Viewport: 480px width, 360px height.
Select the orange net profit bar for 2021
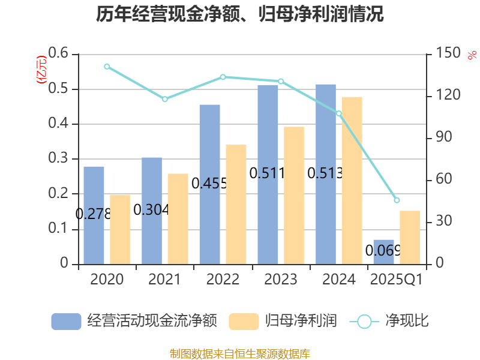(178, 218)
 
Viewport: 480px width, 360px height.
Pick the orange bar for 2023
(294, 195)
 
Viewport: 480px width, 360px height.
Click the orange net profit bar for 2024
(352, 180)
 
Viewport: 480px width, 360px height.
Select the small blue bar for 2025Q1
(383, 251)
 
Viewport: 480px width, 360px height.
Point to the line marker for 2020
(107, 67)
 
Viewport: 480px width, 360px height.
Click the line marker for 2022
(223, 77)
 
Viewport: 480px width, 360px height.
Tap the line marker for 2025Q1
(397, 200)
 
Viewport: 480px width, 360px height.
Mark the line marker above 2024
(339, 113)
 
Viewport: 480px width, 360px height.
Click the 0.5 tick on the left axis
(59, 89)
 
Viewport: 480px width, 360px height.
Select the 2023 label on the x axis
(281, 280)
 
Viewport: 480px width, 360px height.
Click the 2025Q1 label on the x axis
(397, 280)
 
